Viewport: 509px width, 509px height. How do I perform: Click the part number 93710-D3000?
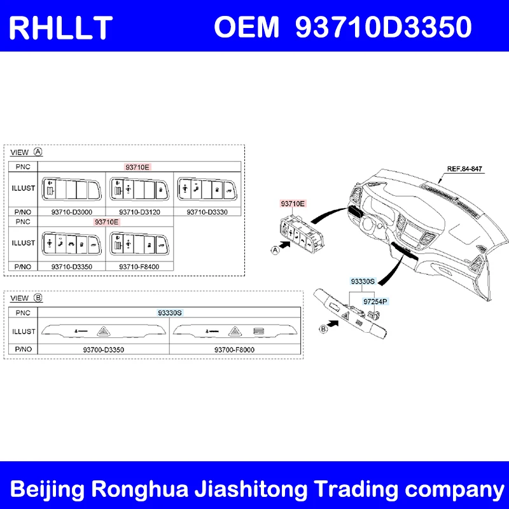tap(71, 212)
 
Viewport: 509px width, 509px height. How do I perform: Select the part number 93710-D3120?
tap(139, 212)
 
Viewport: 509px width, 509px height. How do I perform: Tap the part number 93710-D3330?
tap(207, 212)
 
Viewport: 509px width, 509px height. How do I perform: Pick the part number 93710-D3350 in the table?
tap(71, 267)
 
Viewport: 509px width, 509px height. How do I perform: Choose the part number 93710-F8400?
tap(139, 267)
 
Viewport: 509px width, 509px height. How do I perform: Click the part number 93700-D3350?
tap(104, 349)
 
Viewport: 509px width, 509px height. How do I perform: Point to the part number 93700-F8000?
tap(234, 349)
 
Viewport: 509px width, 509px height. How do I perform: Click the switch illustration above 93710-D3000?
tap(71, 190)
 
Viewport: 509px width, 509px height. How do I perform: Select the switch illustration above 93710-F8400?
tap(139, 244)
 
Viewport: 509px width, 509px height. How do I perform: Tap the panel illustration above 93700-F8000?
tap(235, 331)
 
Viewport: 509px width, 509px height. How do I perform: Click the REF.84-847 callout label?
tap(464, 169)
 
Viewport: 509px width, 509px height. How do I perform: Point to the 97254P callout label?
tap(375, 302)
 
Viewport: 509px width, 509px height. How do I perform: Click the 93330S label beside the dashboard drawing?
tap(363, 281)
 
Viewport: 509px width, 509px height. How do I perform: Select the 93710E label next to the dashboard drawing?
tap(293, 204)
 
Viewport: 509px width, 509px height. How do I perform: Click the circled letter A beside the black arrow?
tap(275, 250)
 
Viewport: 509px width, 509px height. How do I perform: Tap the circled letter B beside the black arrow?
tap(323, 329)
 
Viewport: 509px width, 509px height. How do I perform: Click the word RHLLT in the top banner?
tap(60, 28)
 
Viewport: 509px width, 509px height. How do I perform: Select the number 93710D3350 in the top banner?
tap(384, 27)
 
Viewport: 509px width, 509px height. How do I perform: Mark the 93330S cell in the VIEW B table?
tap(170, 312)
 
